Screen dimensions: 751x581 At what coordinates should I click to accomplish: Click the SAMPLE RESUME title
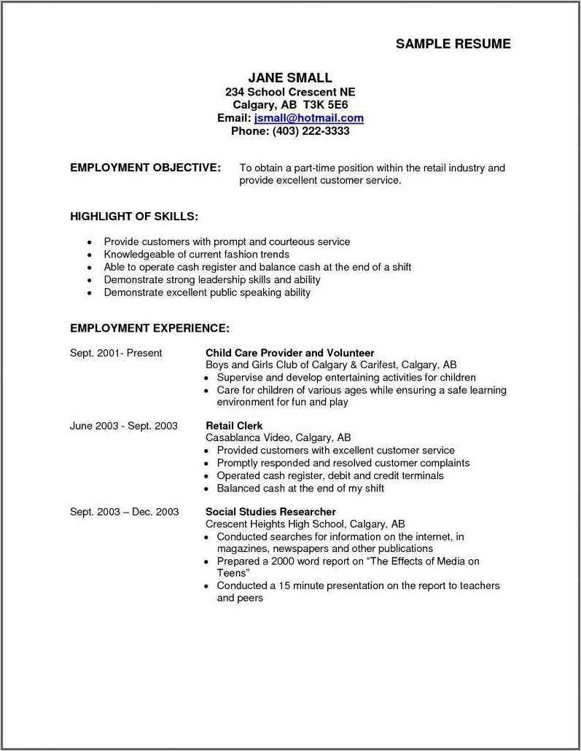(453, 44)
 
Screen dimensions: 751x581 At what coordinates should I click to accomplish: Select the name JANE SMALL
(290, 77)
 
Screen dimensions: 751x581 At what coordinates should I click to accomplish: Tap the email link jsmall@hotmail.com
(309, 118)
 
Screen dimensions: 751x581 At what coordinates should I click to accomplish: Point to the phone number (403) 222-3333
(311, 131)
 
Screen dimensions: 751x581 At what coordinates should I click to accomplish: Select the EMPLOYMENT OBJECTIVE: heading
(145, 168)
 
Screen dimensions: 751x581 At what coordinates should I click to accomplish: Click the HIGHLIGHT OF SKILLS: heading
(134, 217)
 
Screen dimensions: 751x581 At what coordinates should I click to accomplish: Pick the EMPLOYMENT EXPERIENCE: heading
(149, 328)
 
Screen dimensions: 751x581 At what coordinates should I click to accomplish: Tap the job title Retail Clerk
(234, 425)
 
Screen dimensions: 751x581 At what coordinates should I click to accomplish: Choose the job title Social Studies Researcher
(270, 512)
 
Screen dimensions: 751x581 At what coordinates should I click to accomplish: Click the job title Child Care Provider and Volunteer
(289, 353)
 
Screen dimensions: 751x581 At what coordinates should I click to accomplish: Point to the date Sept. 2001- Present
(116, 353)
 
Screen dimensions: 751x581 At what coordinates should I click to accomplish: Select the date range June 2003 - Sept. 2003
(123, 426)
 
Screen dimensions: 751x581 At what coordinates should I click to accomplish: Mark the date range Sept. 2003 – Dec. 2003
(124, 512)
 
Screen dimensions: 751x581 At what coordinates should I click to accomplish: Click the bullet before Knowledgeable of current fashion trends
(89, 255)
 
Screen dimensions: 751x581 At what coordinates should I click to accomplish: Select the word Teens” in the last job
(233, 573)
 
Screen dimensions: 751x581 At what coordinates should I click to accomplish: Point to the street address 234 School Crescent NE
(290, 92)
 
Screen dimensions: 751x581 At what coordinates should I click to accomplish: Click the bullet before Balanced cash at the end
(208, 489)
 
